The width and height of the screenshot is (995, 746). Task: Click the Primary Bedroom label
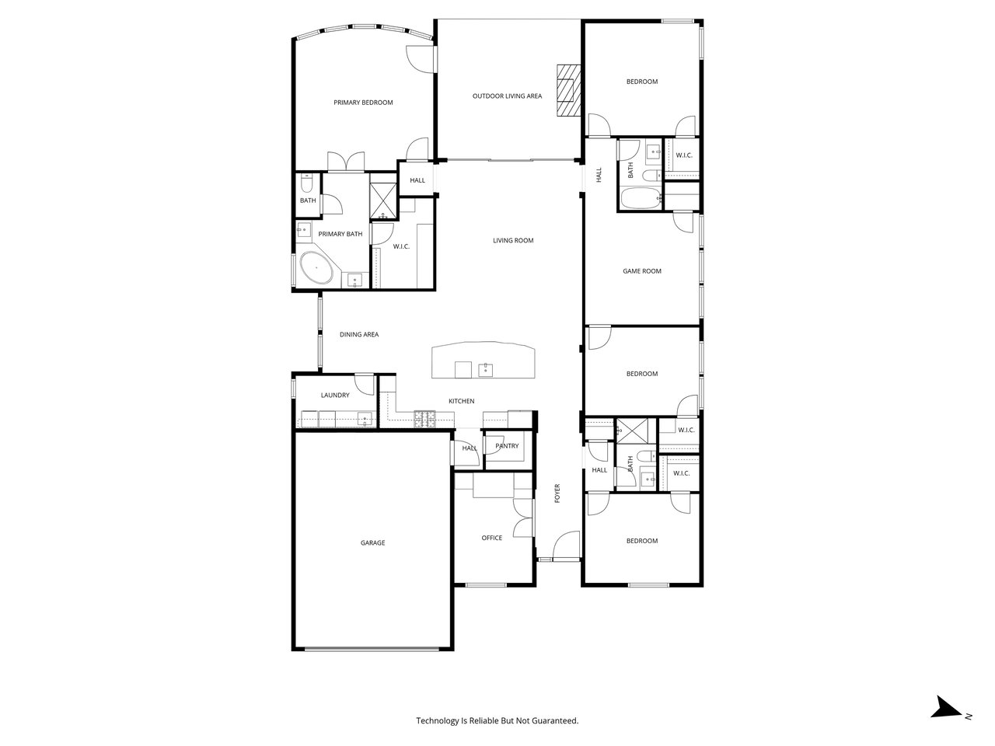363,103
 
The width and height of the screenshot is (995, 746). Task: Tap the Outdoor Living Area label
507,96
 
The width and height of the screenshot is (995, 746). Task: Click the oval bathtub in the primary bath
317,269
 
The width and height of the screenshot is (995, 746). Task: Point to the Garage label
372,543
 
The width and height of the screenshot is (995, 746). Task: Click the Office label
491,538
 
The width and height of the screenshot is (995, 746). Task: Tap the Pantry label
507,446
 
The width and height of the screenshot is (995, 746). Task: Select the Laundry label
335,396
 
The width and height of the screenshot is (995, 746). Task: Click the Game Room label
641,271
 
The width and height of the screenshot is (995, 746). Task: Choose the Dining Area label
359,335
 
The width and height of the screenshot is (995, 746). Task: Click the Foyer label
557,493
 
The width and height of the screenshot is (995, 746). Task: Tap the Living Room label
513,241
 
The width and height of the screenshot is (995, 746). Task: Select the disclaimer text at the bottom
497,721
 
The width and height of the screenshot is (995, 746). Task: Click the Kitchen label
461,401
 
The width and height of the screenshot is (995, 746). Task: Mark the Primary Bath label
340,234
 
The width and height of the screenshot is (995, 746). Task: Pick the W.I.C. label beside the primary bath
401,246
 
